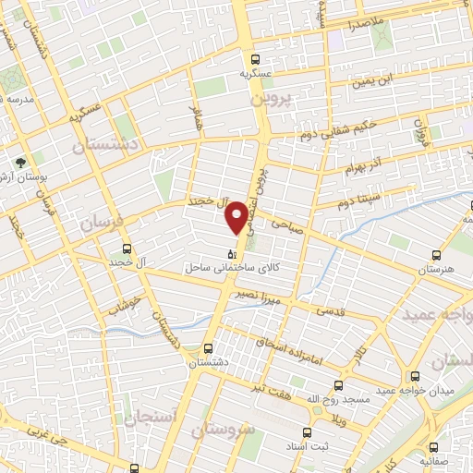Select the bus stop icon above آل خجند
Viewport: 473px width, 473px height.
point(127,248)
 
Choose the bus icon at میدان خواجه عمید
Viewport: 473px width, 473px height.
point(415,376)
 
